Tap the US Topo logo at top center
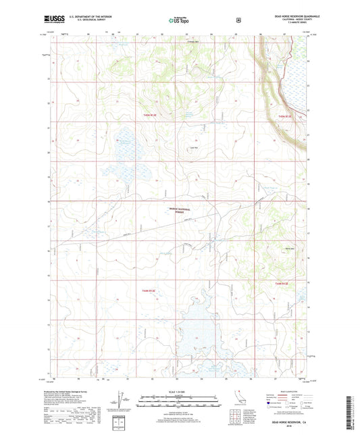pyautogui.click(x=180, y=21)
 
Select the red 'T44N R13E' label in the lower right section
pyautogui.click(x=286, y=284)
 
